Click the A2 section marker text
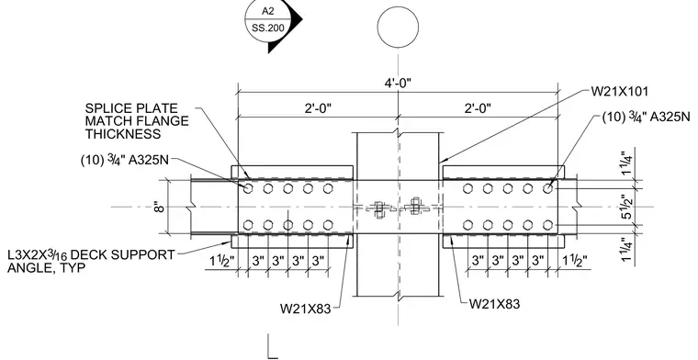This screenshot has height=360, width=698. (x=268, y=11)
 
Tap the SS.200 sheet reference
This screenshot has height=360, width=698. (x=267, y=28)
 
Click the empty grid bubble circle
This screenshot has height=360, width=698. (x=398, y=27)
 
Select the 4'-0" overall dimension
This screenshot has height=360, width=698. (x=398, y=84)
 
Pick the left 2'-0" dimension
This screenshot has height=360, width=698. (x=318, y=108)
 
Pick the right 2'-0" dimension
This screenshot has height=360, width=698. (x=478, y=108)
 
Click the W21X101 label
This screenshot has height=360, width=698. (x=620, y=91)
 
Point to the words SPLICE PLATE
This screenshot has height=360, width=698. (x=131, y=108)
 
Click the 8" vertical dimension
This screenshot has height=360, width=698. (x=160, y=207)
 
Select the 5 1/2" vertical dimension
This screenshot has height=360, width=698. (x=626, y=207)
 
